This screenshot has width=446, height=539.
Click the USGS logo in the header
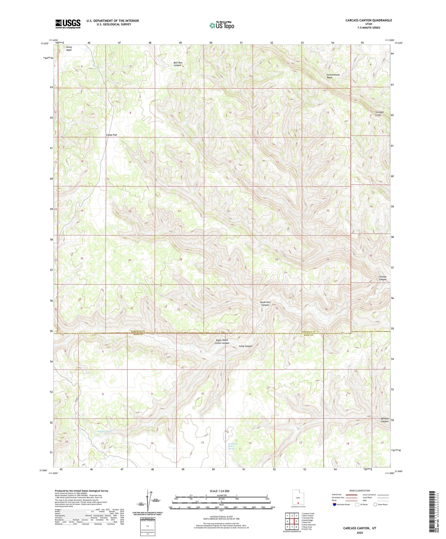68,24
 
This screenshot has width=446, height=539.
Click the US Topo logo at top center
222,25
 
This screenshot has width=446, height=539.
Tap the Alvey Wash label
69,48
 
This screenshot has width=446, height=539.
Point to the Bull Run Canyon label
178,64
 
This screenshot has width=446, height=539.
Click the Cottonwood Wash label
333,76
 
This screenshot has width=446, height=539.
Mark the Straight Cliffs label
379,114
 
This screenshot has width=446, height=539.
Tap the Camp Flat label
111,135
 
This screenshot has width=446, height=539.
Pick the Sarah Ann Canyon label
265,303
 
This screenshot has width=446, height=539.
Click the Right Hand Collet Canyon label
222,342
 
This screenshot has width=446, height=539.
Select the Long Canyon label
246,346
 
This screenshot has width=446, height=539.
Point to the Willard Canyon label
384,420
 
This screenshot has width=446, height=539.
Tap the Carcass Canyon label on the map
382,278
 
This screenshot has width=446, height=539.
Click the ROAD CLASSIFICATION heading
360,491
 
